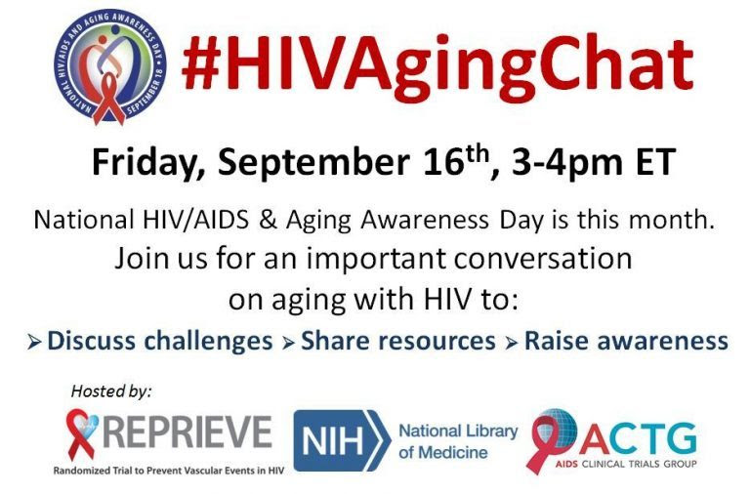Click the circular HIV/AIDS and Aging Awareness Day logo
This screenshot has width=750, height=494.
109,67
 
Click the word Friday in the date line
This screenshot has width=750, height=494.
145,162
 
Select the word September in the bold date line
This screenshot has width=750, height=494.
313,162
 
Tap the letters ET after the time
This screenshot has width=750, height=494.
655,162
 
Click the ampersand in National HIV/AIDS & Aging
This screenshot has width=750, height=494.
268,220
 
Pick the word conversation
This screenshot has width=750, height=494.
543,259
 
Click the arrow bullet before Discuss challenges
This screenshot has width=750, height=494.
34,343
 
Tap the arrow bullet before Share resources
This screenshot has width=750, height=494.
288,343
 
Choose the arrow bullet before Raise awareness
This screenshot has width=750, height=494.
512,343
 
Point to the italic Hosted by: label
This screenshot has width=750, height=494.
111,391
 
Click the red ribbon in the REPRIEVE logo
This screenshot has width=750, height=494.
81,433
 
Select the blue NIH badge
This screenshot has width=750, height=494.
342,440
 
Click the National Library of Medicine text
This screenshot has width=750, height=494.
458,441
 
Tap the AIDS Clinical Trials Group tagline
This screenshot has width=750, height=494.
626,464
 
